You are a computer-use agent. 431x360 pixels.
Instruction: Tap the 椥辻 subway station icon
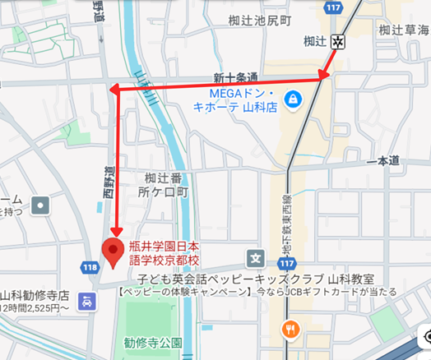point(337,41)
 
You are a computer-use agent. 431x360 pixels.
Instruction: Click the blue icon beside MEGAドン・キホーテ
point(291,99)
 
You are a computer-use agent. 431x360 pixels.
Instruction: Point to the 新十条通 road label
point(236,78)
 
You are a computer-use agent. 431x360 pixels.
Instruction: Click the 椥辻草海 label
point(404,30)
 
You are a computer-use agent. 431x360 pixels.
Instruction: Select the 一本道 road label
point(382,162)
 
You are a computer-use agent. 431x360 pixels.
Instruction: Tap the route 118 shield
point(90,267)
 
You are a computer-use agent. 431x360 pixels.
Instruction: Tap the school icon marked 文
point(255,258)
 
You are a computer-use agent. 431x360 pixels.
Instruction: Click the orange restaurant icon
point(289,330)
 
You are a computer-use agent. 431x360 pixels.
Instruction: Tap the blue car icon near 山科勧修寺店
point(86,302)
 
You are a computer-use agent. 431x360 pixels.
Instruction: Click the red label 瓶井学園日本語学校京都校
point(165,252)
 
